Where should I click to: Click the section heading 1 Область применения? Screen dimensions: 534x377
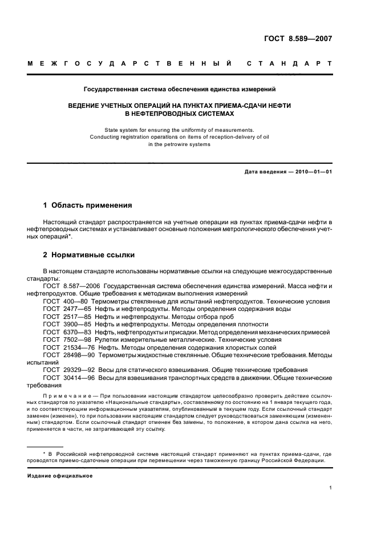(x=88, y=205)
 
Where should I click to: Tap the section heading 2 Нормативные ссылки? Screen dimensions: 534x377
(x=89, y=255)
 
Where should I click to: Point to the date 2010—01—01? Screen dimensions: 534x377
(x=310, y=172)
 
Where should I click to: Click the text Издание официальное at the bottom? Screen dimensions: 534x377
(x=60, y=475)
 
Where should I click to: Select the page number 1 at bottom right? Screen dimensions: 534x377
(x=331, y=488)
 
